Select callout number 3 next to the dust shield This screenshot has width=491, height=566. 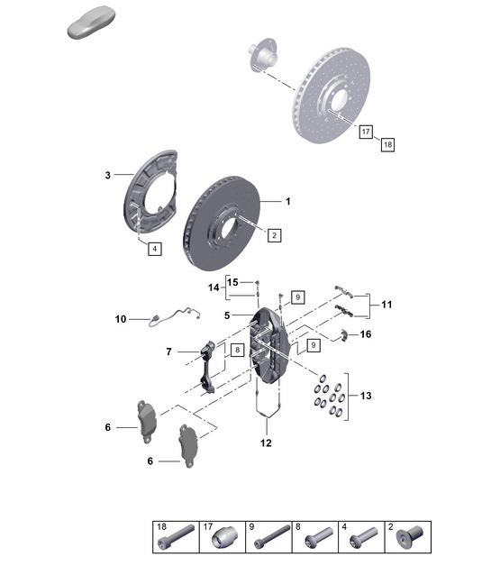coord(106,175)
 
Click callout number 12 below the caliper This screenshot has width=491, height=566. coord(266,443)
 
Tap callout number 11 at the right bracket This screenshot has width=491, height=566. coord(386,306)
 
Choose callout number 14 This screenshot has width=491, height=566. coord(213,288)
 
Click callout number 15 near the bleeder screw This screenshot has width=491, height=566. coord(232,282)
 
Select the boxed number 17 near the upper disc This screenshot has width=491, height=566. coord(366,132)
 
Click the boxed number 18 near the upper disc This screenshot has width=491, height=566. coord(387,143)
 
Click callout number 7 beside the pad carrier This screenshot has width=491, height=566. coord(168,351)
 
